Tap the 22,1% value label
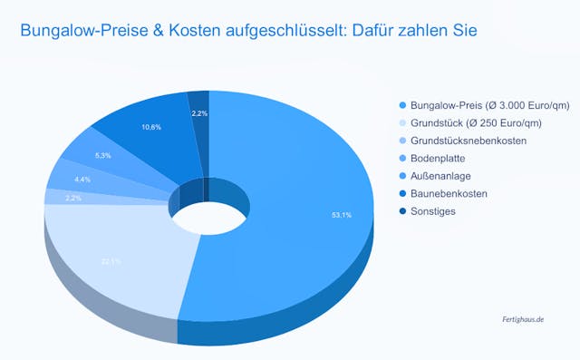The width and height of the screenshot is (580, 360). click(x=111, y=261)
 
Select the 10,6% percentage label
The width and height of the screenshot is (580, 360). click(x=151, y=127)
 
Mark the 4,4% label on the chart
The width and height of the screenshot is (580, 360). click(x=82, y=179)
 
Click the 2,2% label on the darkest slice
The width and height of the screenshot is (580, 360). click(x=199, y=113)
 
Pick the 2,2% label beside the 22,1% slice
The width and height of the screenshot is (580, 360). click(x=73, y=198)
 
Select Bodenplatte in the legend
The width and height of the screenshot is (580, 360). click(x=438, y=158)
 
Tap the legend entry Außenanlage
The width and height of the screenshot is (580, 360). click(x=440, y=175)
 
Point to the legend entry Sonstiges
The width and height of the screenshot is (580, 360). click(x=432, y=211)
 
